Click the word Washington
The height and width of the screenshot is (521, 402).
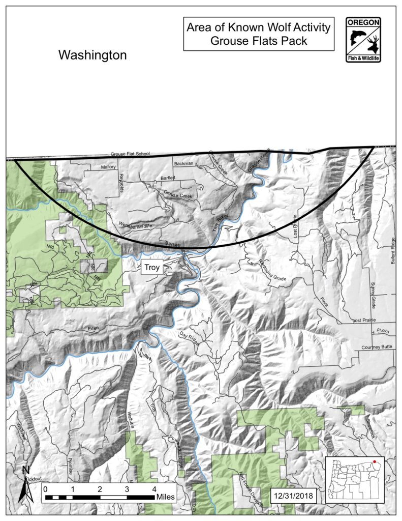click(x=92, y=55)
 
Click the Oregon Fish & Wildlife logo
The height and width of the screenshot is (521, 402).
click(x=364, y=39)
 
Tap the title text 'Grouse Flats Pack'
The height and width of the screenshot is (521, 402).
click(x=259, y=41)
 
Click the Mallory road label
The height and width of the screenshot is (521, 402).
click(x=109, y=167)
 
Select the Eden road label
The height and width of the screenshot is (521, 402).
click(x=92, y=329)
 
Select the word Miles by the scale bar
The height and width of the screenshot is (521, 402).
click(x=166, y=496)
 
